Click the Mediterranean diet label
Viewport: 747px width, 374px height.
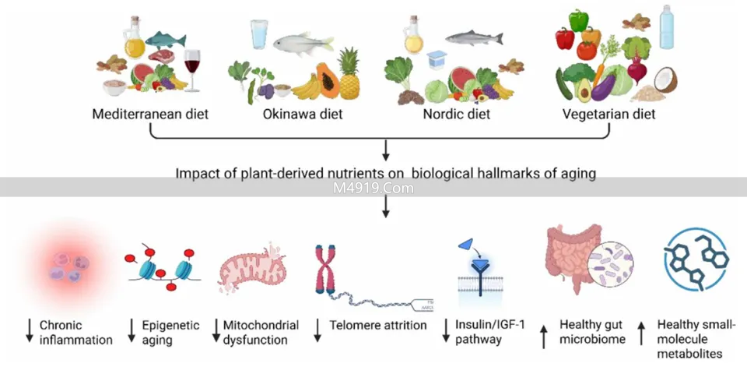pos(150,115)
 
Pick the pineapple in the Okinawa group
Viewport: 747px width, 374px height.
pos(349,73)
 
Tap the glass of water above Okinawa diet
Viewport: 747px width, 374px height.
pos(259,36)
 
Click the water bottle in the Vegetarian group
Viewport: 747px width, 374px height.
pos(667,28)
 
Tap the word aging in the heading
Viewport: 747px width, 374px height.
pos(579,173)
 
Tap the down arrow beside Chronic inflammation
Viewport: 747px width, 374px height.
pos(30,332)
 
